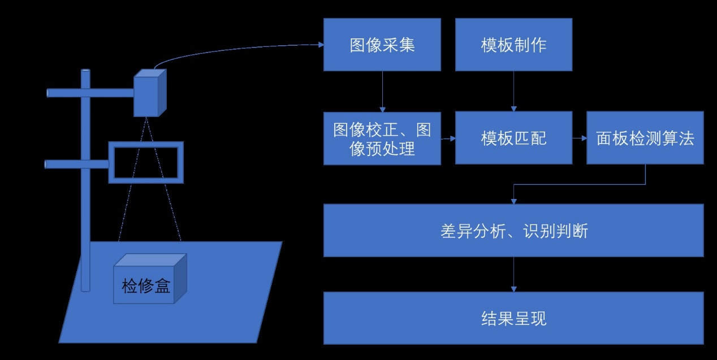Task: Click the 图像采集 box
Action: point(382,45)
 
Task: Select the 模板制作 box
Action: point(513,45)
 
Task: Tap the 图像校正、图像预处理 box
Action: point(382,138)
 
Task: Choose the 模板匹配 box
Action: point(513,138)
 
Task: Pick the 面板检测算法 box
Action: point(645,138)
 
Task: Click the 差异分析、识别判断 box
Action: point(513,231)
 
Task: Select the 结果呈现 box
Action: point(513,318)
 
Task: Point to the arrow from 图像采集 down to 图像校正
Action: point(383,90)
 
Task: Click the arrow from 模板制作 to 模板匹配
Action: point(513,90)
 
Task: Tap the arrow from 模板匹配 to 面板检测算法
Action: point(579,138)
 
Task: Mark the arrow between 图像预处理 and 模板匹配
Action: point(448,138)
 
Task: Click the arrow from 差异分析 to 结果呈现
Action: point(513,274)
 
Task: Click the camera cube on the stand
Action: point(148,93)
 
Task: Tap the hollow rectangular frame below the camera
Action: point(146,144)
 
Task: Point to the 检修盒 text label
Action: point(146,286)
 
